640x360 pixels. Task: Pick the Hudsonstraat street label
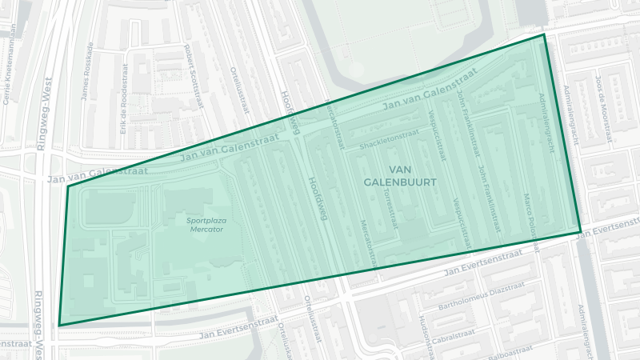tap(423, 332)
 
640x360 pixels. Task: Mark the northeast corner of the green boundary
tap(544, 34)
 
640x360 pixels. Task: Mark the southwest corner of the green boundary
tap(59, 326)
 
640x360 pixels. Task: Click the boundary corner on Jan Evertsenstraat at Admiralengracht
tap(581, 232)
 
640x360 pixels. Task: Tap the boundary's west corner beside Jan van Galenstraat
tap(68, 187)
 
